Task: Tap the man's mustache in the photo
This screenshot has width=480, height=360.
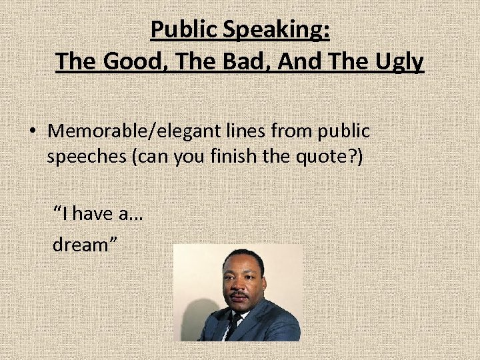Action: click(239, 293)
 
